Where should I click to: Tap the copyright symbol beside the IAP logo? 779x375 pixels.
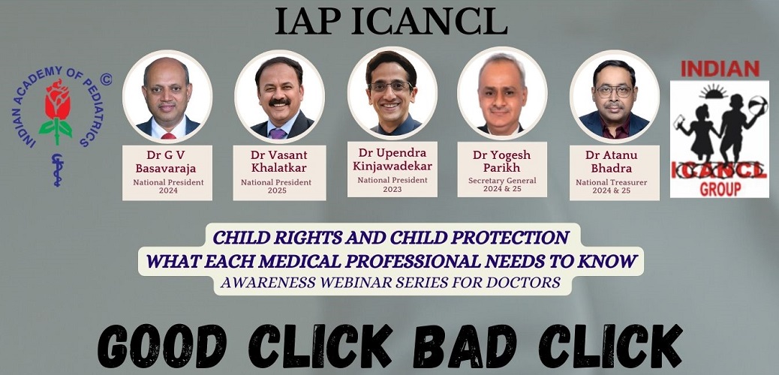105,79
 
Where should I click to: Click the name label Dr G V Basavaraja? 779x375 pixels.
167,162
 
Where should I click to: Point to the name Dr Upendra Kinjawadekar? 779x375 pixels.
393,160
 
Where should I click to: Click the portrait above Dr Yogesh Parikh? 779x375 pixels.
502,94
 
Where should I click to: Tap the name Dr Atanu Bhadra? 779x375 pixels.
615,161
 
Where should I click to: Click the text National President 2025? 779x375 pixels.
276,186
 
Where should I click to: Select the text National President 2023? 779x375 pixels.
393,184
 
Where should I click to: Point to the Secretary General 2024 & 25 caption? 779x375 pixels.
502,184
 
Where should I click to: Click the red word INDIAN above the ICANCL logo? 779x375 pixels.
720,69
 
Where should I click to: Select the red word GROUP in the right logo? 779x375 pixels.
720,188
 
